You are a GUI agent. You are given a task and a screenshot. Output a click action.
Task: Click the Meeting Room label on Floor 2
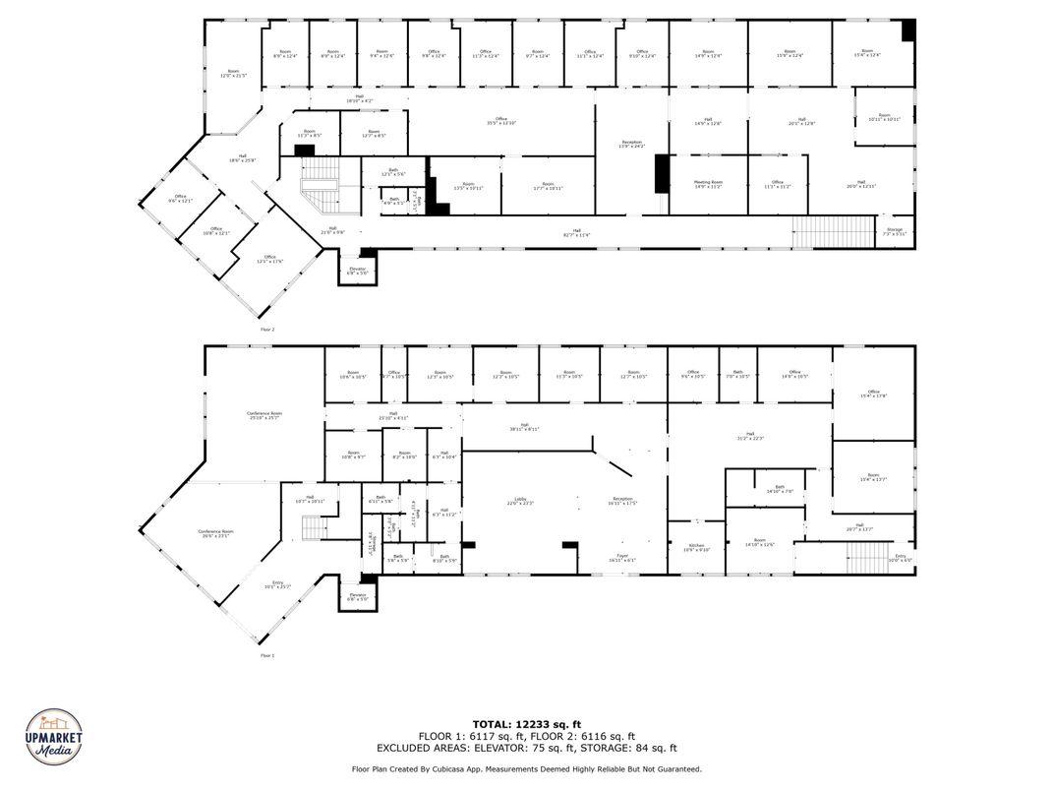click(708, 184)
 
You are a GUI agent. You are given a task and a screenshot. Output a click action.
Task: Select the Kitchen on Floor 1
click(696, 548)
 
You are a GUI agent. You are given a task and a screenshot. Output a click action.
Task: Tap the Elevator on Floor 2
click(357, 271)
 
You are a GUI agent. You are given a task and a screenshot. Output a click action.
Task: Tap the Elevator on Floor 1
click(357, 596)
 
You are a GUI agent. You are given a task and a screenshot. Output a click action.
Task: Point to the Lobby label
click(520, 501)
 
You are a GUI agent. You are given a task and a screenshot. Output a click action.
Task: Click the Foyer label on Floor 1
click(622, 558)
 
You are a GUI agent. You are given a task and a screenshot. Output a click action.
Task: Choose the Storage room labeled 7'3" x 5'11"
click(895, 231)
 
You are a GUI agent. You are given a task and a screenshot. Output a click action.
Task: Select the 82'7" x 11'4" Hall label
click(576, 232)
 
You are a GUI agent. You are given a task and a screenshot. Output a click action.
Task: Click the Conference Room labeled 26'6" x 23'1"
click(215, 533)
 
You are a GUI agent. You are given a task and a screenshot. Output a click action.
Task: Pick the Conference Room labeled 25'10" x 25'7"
click(263, 415)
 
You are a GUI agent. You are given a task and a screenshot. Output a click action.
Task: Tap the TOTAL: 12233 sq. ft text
click(527, 723)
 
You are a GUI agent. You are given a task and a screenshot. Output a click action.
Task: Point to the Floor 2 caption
click(267, 330)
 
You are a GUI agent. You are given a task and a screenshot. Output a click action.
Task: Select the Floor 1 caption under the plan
click(267, 655)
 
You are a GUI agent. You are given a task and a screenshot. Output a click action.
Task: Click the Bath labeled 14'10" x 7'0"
click(779, 489)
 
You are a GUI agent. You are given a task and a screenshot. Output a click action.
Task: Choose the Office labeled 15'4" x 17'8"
click(873, 394)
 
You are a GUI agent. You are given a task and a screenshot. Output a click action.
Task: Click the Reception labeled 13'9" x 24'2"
click(631, 145)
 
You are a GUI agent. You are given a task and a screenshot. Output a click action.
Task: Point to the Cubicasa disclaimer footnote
click(527, 768)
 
